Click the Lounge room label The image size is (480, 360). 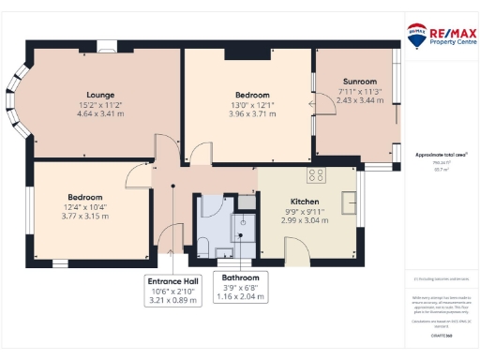(x=100, y=95)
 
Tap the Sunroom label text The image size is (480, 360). (x=360, y=82)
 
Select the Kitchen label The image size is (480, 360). (x=305, y=202)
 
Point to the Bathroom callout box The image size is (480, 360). (x=241, y=287)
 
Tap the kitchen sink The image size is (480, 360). (x=351, y=201)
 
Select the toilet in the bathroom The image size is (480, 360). (x=202, y=247)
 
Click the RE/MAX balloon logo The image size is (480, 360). (x=417, y=34)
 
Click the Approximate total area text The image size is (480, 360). (x=441, y=153)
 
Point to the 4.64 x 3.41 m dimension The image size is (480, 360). (x=100, y=115)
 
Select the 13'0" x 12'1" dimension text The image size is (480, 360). (x=252, y=106)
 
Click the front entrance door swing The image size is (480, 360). (x=172, y=240)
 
